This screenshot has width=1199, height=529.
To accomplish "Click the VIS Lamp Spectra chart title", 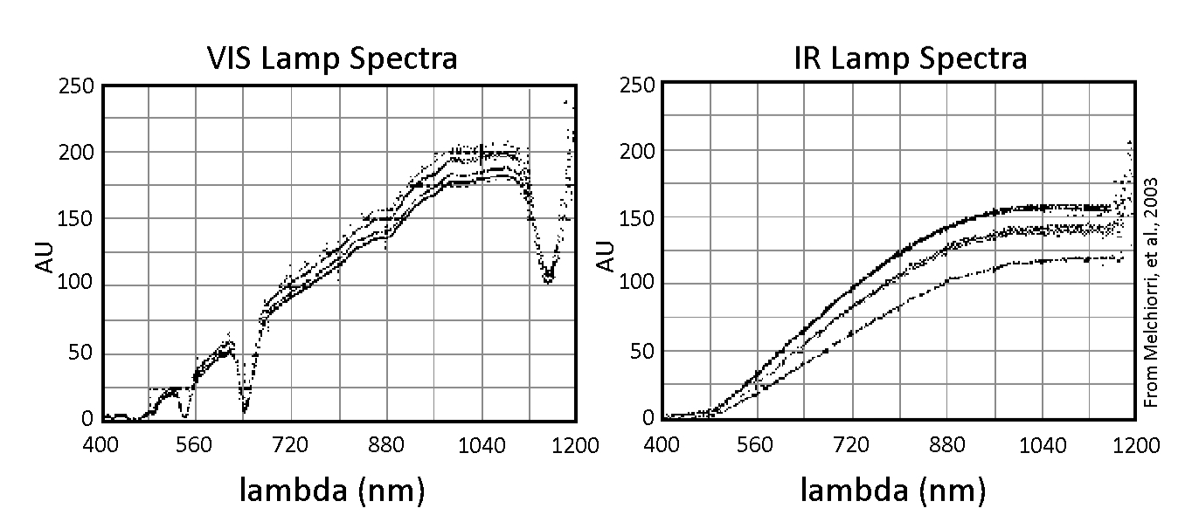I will (x=332, y=58).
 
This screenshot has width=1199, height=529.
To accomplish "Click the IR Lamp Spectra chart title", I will (x=893, y=58).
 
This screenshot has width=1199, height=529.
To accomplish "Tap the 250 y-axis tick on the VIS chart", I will (x=78, y=86).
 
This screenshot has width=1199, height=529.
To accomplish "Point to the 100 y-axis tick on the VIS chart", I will (x=78, y=285).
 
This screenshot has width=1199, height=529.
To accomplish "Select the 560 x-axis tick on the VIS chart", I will (x=194, y=445).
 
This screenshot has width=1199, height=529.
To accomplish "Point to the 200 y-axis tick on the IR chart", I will (x=636, y=151).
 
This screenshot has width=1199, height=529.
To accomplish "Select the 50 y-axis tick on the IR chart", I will (x=641, y=352).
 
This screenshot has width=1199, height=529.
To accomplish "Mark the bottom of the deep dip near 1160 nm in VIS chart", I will (x=548, y=279).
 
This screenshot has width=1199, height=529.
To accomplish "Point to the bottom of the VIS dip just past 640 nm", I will (x=246, y=408).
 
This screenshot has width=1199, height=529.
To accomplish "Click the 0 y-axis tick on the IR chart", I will (x=648, y=418).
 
